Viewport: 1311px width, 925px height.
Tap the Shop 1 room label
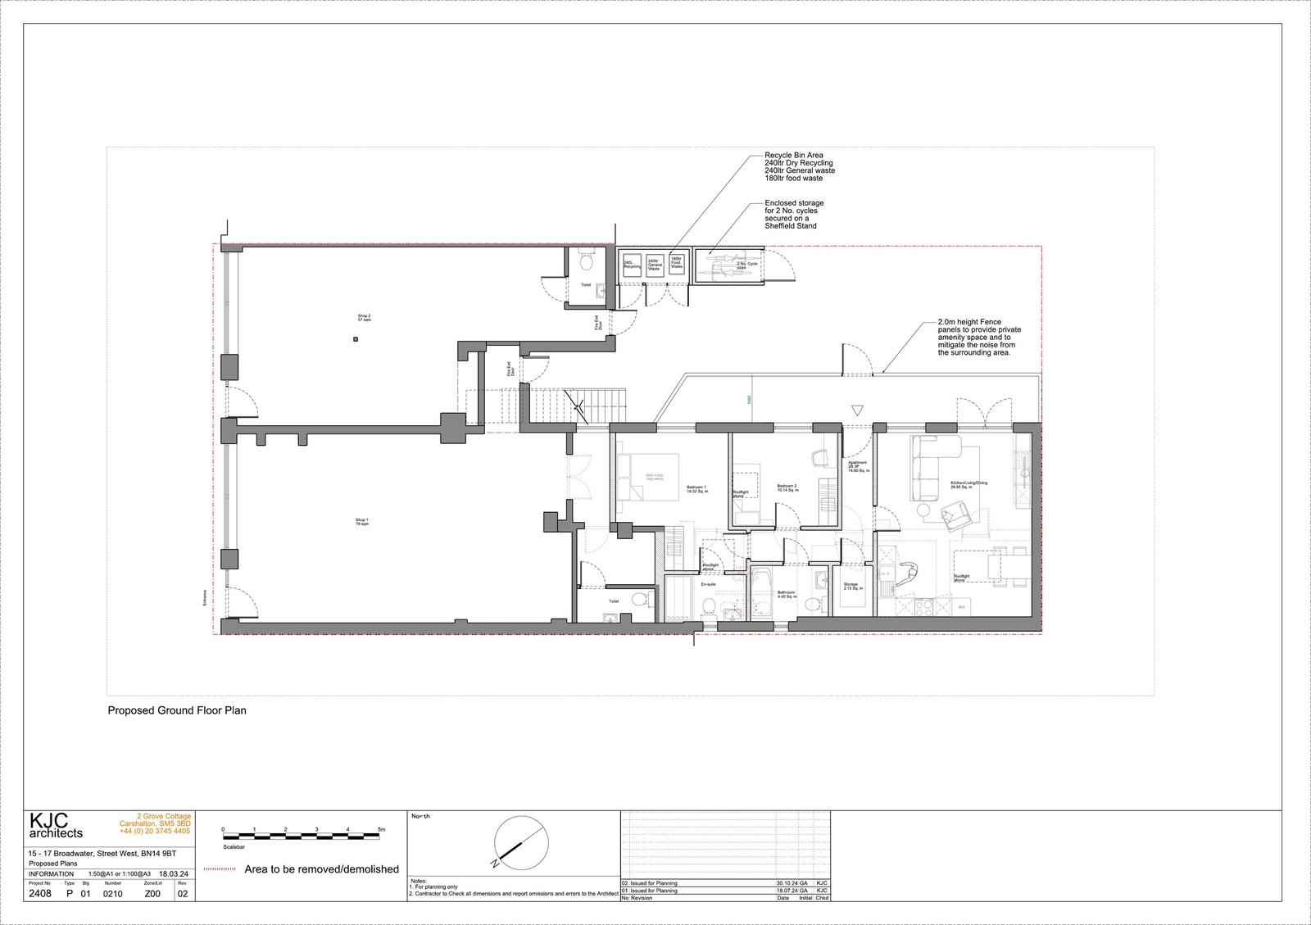point(362,522)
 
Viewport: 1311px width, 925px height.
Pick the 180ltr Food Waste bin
point(677,262)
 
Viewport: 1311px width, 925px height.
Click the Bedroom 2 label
point(787,488)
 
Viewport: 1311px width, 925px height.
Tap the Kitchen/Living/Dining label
point(969,483)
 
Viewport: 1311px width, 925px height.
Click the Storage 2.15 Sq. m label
point(851,587)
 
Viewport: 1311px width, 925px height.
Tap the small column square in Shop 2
point(355,339)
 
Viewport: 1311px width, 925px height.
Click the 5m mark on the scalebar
point(381,830)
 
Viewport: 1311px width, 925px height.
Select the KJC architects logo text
point(56,826)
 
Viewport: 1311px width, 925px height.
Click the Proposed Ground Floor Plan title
point(177,710)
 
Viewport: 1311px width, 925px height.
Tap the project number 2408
point(39,894)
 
